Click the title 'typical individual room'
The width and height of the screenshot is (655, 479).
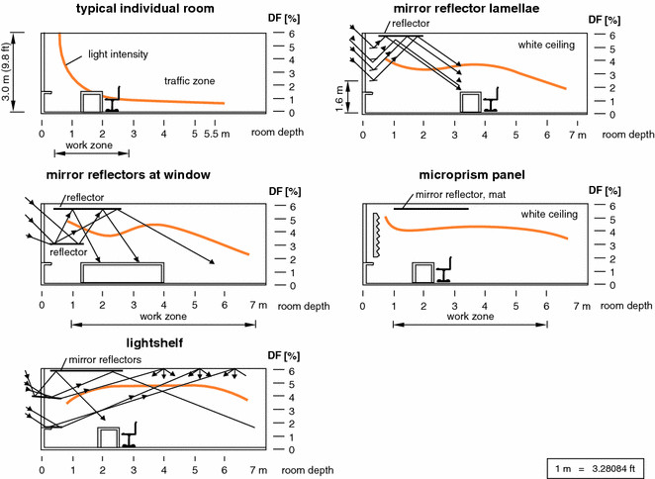pos(145,8)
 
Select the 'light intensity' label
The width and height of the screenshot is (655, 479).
pos(118,54)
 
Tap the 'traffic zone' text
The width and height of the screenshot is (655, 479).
pos(190,81)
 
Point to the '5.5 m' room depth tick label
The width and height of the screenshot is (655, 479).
pos(217,134)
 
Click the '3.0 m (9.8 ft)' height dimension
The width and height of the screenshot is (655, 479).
pos(6,71)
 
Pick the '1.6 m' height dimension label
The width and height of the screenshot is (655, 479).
pos(338,99)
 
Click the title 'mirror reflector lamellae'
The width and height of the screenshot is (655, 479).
pos(467,8)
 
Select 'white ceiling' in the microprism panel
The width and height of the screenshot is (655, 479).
pos(549,214)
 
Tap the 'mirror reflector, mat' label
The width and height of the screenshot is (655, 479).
pos(460,194)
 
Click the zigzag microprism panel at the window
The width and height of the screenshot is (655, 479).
pos(376,235)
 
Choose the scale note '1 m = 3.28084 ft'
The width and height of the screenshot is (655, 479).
pos(596,468)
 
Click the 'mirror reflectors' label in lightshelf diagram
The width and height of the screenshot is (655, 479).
pos(105,359)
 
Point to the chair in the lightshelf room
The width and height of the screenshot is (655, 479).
pos(130,434)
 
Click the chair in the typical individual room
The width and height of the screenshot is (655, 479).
pos(113,99)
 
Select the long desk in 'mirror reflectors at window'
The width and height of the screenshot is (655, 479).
pos(123,273)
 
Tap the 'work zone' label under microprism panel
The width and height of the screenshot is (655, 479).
pos(470,317)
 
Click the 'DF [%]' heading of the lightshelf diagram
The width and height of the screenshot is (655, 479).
pos(284,356)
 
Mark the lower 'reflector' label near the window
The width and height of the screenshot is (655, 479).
pos(68,252)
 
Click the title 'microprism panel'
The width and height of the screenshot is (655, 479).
pos(472,175)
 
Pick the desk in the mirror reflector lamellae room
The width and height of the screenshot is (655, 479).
pos(471,102)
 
